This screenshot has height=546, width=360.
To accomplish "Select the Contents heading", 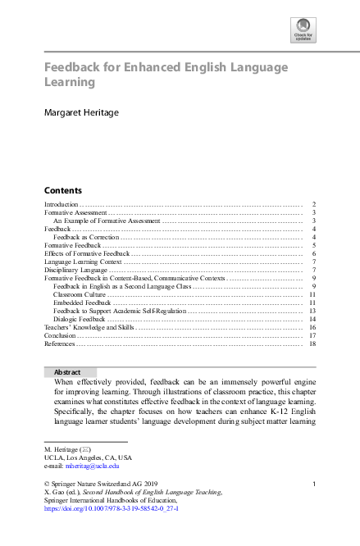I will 62,189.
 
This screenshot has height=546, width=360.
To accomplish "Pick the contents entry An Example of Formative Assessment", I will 107,221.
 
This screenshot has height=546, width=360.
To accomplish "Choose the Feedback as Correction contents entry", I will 86,237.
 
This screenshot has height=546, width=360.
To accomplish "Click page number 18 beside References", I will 312,344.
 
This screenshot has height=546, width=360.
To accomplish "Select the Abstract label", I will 67,371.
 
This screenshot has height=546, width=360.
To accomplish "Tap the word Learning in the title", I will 70,82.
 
